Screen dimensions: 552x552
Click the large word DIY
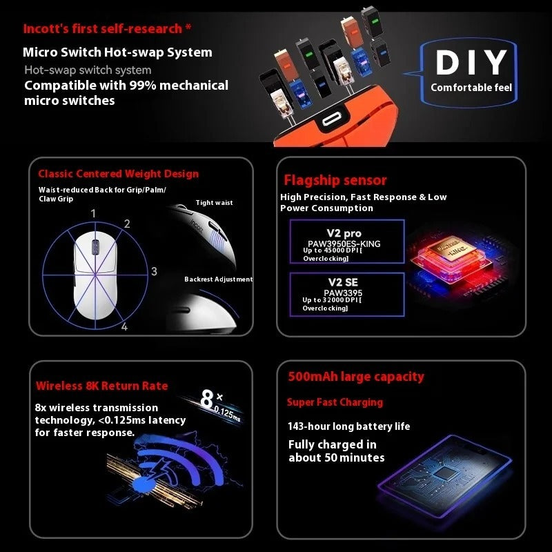click(x=471, y=62)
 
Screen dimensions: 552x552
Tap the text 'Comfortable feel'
click(x=471, y=88)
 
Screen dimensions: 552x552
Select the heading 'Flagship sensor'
click(x=335, y=180)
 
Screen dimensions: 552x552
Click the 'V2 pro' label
click(x=344, y=233)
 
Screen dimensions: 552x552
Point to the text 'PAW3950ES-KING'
click(x=344, y=244)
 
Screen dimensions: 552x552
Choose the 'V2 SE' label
click(x=343, y=282)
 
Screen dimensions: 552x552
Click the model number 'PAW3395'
click(x=343, y=293)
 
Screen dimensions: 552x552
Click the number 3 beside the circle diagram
click(x=154, y=271)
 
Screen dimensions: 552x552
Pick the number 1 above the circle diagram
click(x=93, y=213)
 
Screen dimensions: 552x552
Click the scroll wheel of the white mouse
click(x=95, y=246)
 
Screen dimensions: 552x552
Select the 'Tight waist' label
click(x=214, y=202)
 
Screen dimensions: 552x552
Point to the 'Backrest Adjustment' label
click(x=219, y=279)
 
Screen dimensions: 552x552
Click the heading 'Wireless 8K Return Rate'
click(x=101, y=386)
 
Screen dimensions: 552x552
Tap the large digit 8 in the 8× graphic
click(x=206, y=400)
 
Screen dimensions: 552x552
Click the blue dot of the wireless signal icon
click(x=144, y=485)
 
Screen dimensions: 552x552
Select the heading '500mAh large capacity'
click(x=356, y=377)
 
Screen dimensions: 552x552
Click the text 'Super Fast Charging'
click(x=335, y=402)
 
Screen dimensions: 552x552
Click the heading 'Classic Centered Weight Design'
click(x=118, y=174)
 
